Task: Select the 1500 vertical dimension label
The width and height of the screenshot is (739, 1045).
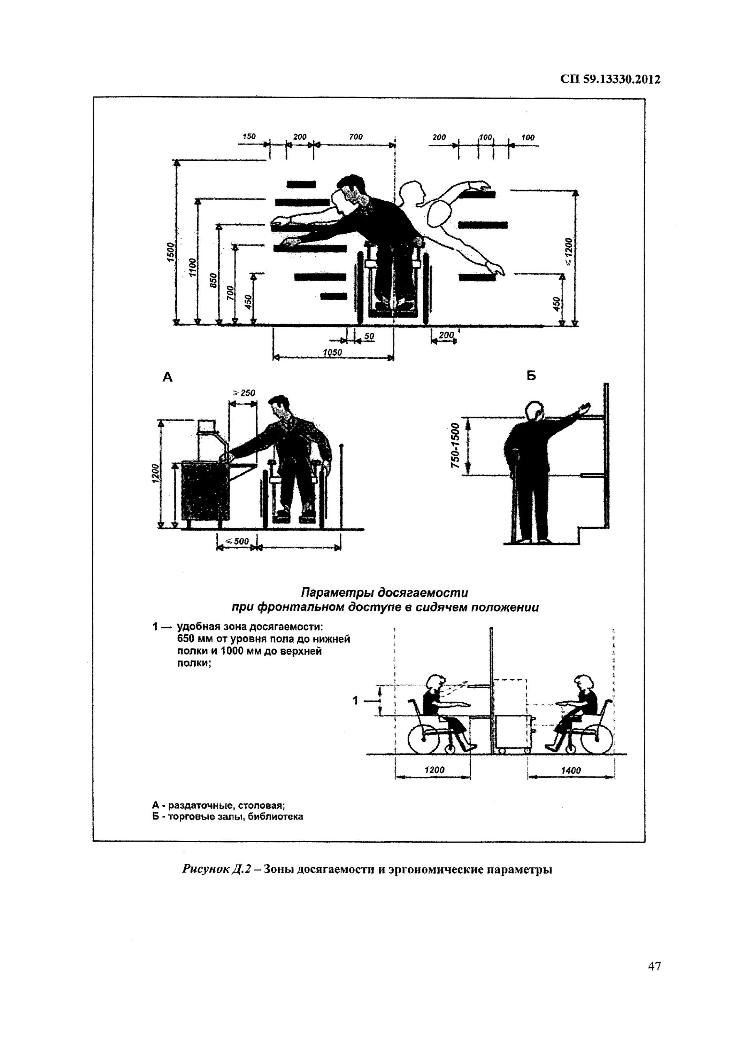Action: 169,252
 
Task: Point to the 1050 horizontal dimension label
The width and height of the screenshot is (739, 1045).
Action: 332,352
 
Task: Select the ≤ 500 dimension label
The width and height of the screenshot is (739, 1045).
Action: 238,541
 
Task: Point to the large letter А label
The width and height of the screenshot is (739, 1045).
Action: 168,377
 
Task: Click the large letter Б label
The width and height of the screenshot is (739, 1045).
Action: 531,376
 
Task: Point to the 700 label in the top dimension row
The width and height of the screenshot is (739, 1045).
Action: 356,137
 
